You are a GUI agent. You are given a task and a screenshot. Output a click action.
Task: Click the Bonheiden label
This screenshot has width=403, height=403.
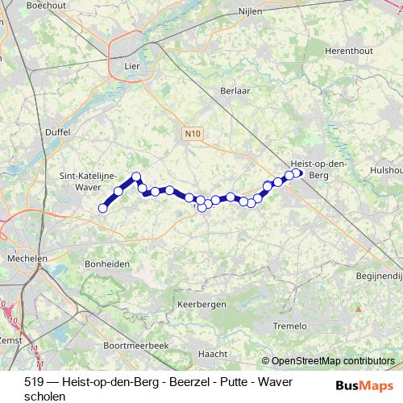pyautogui.click(x=106, y=264)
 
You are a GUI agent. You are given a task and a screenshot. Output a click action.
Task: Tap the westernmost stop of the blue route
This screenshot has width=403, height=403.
pyautogui.click(x=102, y=209)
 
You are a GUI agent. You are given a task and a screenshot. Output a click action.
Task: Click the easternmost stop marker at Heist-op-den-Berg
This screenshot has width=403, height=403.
pyautogui.click(x=297, y=172)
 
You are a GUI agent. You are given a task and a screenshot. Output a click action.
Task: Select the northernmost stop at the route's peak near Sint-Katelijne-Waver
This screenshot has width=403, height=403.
pyautogui.click(x=136, y=177)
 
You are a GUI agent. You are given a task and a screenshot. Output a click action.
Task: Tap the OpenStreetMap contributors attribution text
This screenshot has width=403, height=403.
pyautogui.click(x=333, y=361)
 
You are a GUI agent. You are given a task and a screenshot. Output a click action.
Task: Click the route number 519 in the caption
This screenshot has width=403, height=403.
pyautogui.click(x=34, y=381)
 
